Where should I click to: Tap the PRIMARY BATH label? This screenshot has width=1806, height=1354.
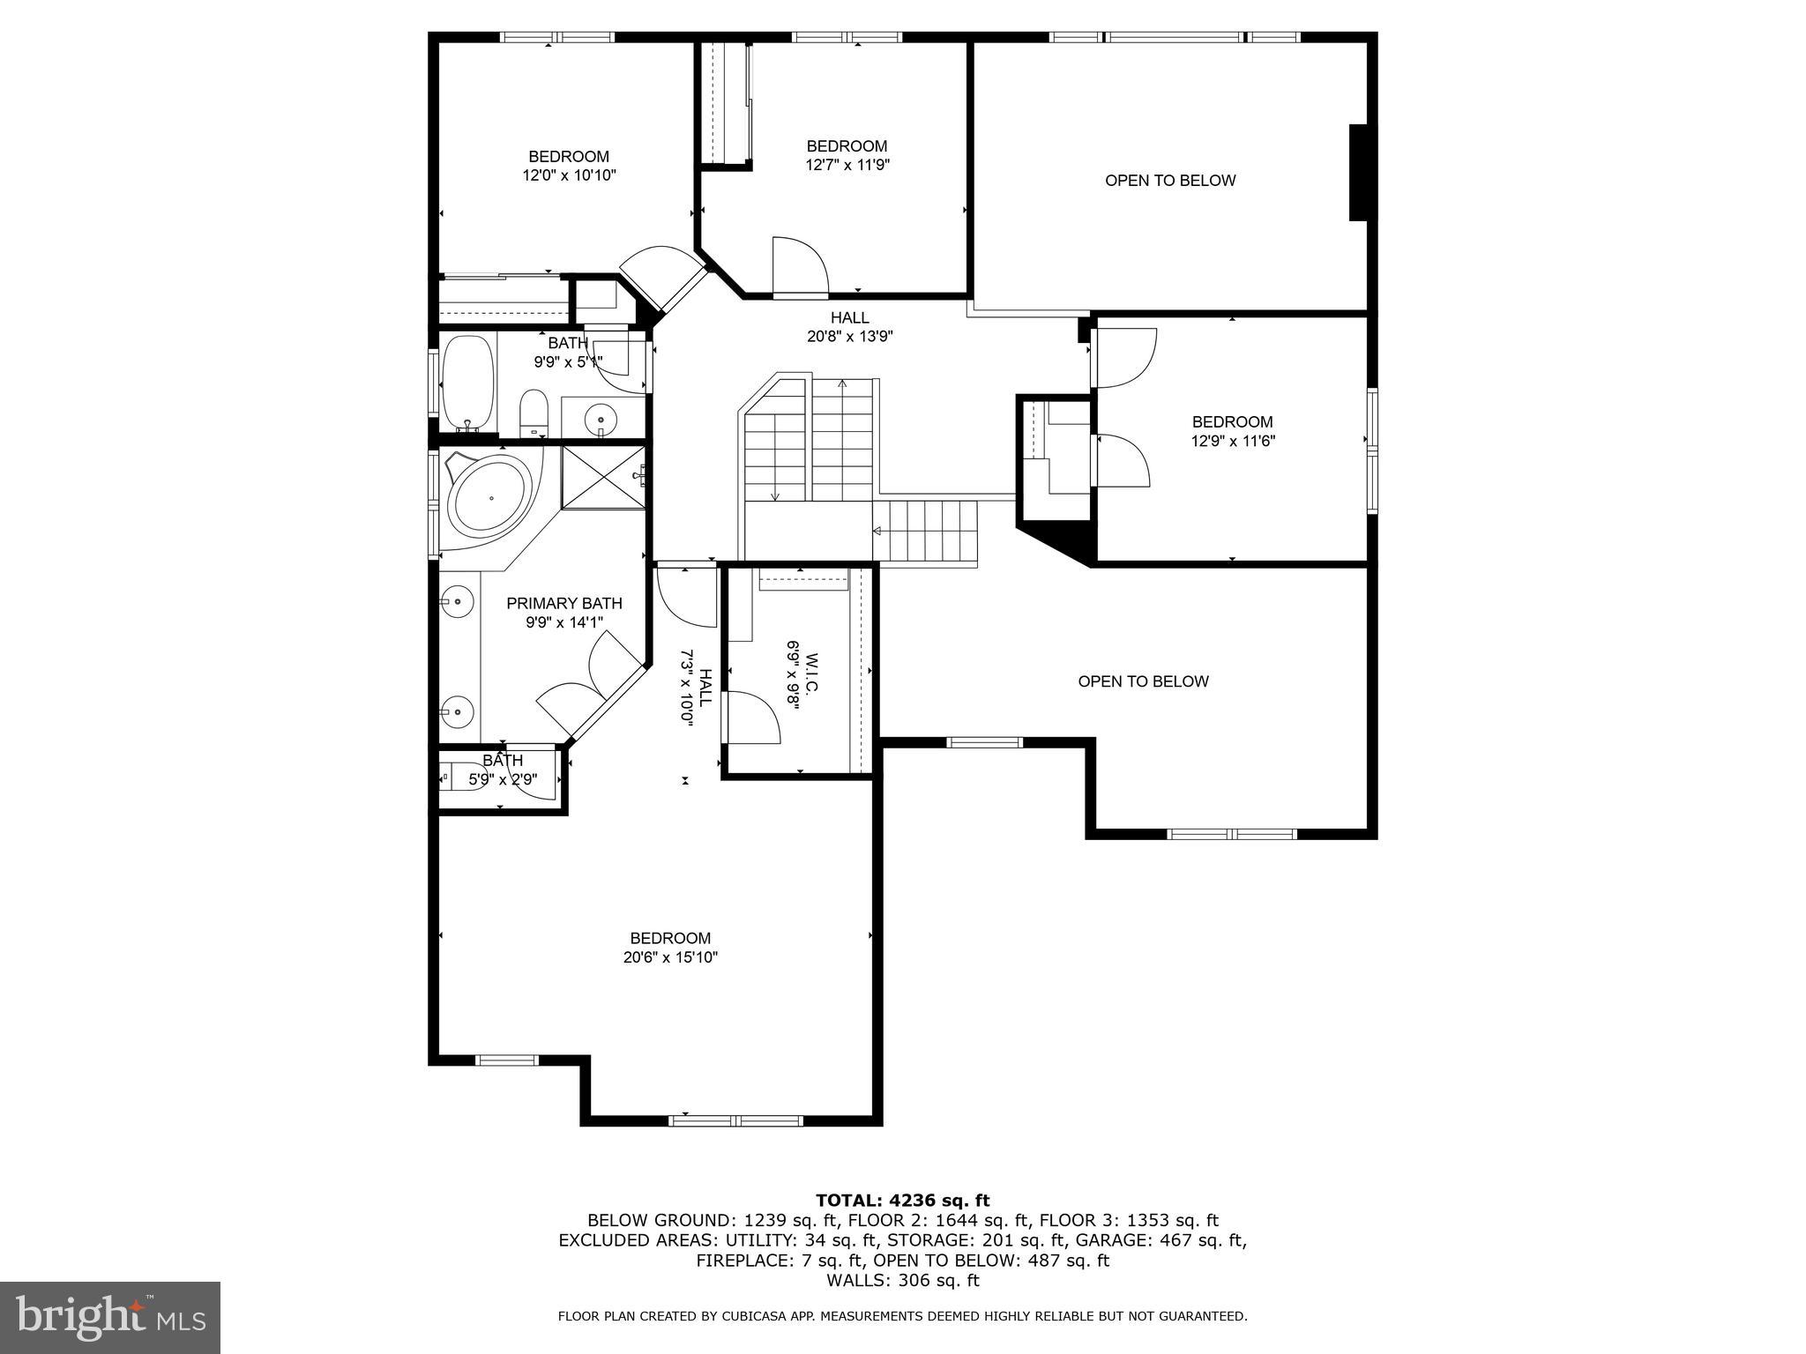point(564,604)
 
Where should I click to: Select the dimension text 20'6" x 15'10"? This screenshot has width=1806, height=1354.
point(670,957)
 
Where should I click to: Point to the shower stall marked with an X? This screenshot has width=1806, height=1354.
point(604,477)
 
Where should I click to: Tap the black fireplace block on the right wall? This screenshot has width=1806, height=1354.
point(1362,173)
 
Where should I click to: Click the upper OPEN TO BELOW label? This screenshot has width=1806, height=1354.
point(1170,181)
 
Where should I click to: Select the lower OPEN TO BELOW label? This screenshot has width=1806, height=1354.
point(1143,681)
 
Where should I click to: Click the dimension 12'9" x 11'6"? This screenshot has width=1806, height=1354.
point(1232,441)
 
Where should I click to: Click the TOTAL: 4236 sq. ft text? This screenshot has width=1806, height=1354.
point(902,1201)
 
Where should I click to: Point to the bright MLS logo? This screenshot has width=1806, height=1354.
point(109,1317)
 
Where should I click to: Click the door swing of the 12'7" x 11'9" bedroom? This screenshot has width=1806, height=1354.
point(799,264)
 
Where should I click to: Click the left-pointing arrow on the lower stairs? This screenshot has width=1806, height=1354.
point(877,531)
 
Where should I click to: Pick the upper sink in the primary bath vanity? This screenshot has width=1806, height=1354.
point(458,602)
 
